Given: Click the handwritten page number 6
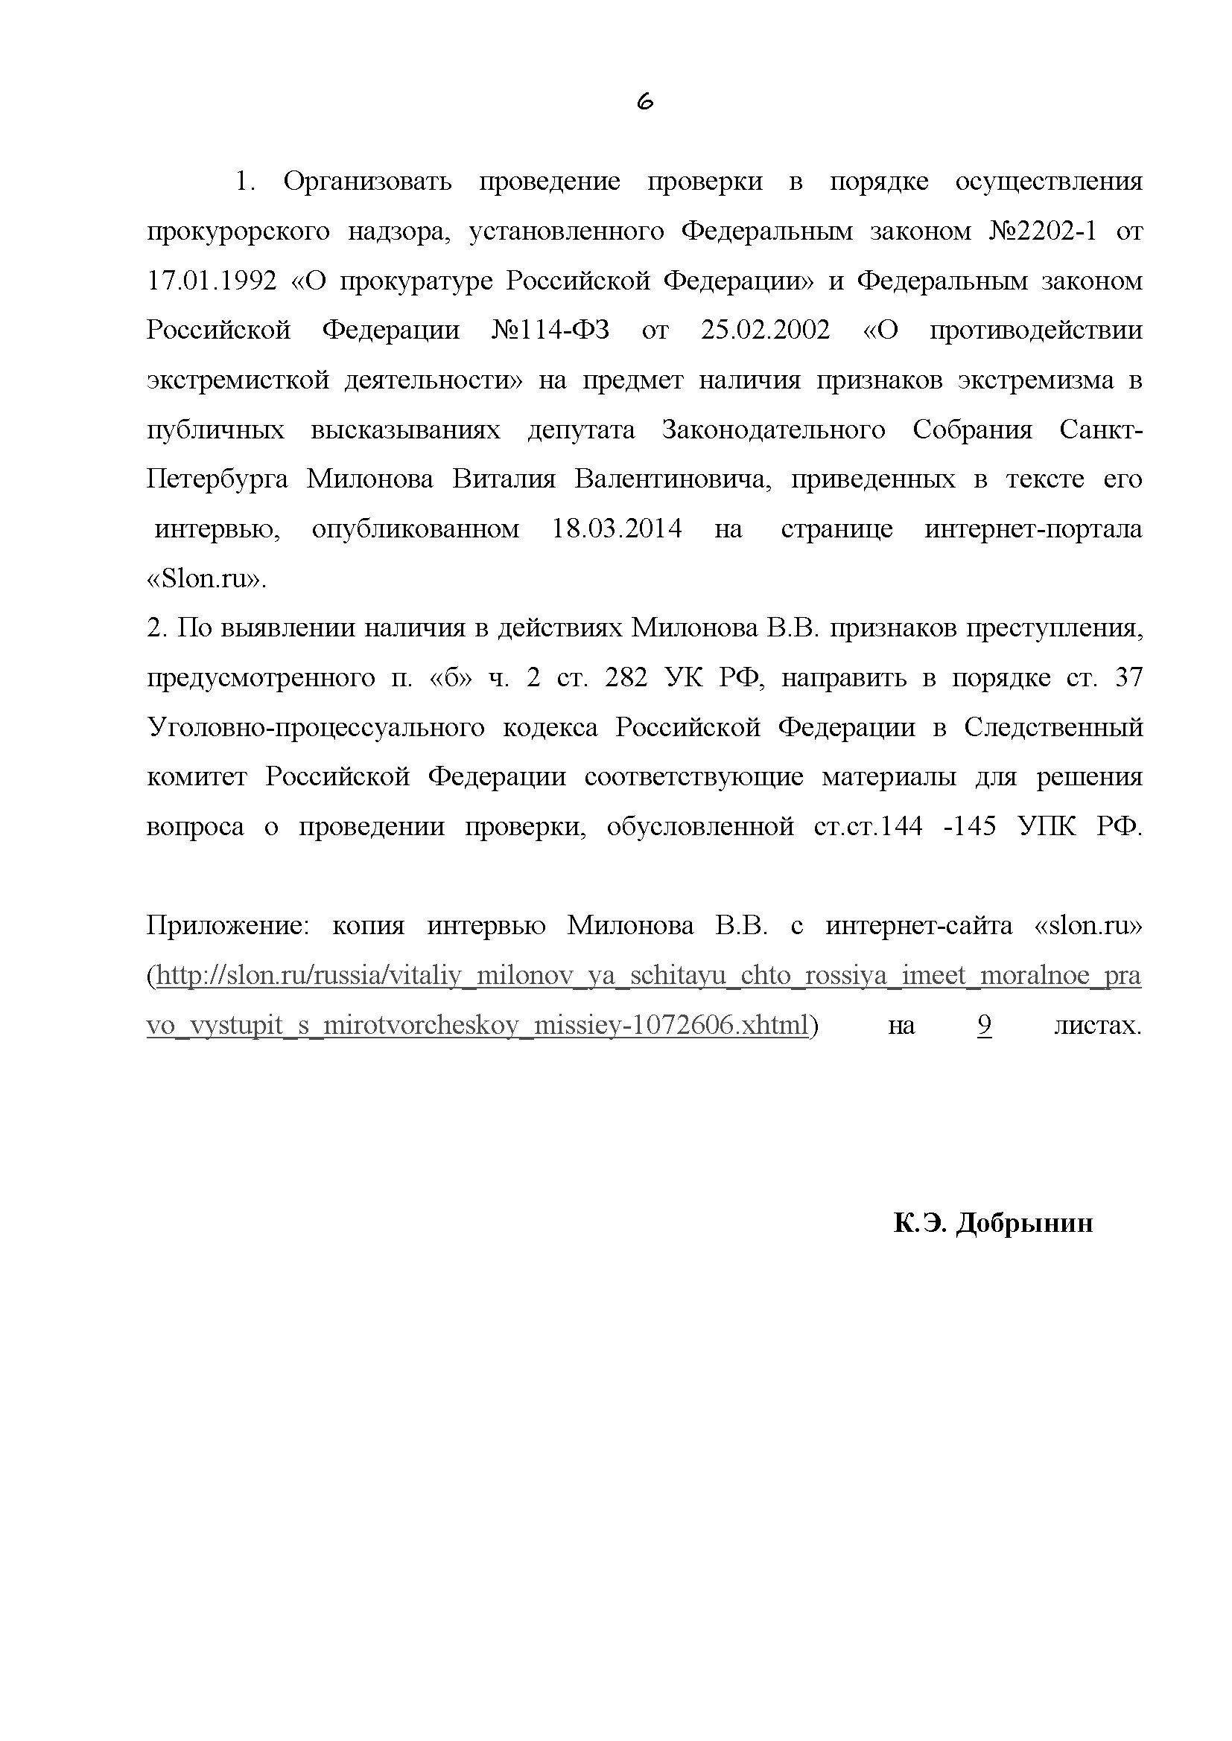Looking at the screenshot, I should (x=645, y=102).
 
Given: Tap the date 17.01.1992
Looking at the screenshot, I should (x=212, y=281).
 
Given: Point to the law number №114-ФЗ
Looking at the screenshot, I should (x=550, y=330).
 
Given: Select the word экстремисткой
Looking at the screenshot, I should (x=238, y=380).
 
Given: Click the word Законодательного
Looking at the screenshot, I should (x=773, y=430).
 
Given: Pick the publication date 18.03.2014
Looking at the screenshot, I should (x=617, y=528).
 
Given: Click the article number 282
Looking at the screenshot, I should (x=626, y=678).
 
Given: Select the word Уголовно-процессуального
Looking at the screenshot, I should (x=316, y=728).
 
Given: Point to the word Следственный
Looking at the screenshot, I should (x=1053, y=728).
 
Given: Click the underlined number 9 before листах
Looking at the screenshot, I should (x=984, y=1026).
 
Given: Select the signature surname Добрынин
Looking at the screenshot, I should (x=1023, y=1223).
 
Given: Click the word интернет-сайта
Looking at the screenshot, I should (x=918, y=926).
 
